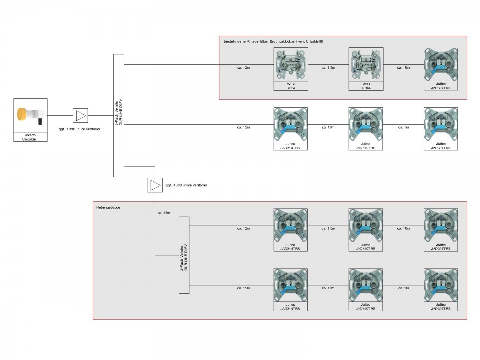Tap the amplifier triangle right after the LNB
80,116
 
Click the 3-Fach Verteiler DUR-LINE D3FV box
119,116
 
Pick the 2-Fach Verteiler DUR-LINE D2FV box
184,255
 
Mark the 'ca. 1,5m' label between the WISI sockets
328,67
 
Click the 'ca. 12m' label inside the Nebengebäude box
243,228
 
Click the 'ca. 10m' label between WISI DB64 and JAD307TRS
403,67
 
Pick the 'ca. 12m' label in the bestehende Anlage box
243,67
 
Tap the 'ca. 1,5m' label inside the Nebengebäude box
328,228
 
